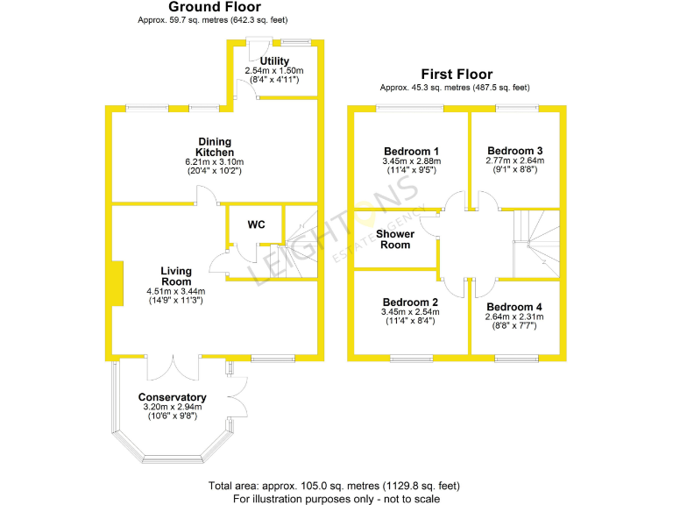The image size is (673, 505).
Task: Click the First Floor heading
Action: pos(456,75)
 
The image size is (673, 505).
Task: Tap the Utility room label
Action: pos(274,60)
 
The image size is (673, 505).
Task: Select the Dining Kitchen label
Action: pos(215,146)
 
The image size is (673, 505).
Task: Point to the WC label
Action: pos(256,225)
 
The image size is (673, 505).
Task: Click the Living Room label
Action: pos(182,276)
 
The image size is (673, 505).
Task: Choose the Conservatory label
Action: pos(172,397)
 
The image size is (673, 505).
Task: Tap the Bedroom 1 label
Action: pos(411,150)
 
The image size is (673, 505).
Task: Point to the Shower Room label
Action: pos(394,239)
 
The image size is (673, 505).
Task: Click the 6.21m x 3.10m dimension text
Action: pos(214,162)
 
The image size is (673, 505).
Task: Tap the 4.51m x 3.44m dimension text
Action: pos(182,291)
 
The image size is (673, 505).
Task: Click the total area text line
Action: pos(333,486)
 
